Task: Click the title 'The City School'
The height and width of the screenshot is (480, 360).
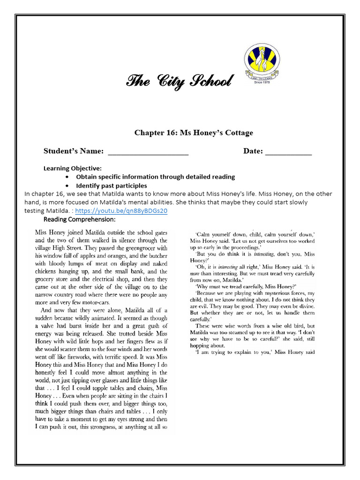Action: [178, 82]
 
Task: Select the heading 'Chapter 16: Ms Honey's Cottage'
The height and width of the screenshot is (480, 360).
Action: [194, 133]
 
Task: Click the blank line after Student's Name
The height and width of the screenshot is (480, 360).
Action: [148, 152]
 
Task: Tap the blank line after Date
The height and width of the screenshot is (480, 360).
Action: [288, 152]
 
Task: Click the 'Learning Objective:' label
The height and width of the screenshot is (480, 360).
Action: [73, 168]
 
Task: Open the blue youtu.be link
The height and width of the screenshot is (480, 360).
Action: [121, 211]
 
